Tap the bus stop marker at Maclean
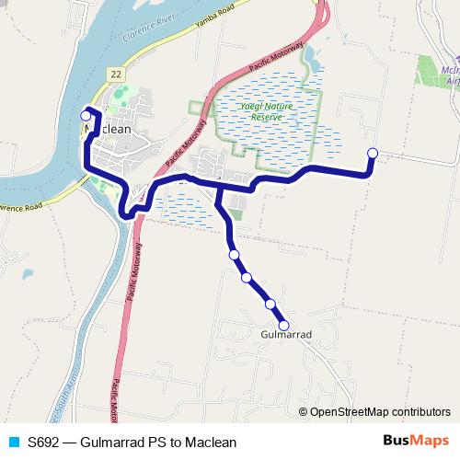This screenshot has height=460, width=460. click(x=86, y=116)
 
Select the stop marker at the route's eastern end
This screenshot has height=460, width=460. click(x=373, y=154)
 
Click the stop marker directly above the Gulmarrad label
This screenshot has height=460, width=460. click(x=283, y=325)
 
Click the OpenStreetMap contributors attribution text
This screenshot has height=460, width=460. click(x=379, y=411)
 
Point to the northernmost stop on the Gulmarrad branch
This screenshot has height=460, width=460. click(x=234, y=255)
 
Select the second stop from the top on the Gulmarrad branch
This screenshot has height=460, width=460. click(x=246, y=277)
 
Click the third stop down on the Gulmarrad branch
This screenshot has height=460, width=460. click(x=270, y=304)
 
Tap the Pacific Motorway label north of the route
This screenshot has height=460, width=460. click(x=273, y=61)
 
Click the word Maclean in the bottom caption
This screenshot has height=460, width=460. click(x=211, y=443)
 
